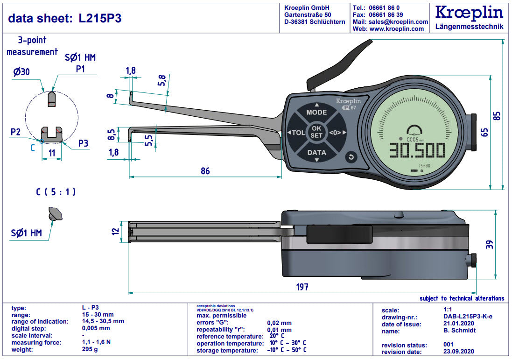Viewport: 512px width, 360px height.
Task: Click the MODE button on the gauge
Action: (316, 113)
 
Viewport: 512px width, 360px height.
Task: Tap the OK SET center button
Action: (316, 132)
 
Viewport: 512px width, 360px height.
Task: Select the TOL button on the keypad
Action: (297, 132)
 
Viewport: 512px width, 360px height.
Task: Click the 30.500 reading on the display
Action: (417, 151)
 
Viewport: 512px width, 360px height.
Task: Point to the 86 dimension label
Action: (205, 171)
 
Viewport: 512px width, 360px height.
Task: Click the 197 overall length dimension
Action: (302, 287)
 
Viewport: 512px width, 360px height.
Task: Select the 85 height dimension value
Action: (497, 115)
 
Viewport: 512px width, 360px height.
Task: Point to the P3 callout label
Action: (83, 143)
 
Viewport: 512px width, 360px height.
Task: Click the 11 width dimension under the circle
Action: (52, 152)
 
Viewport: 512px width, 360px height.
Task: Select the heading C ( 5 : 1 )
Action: (56, 192)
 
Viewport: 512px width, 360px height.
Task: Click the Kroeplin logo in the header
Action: (469, 13)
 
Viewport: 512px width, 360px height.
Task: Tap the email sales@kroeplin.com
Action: (397, 22)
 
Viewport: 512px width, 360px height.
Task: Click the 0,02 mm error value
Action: (279, 323)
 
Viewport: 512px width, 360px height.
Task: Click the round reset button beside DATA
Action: (351, 158)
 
